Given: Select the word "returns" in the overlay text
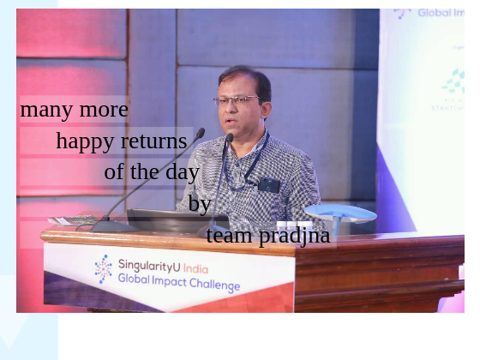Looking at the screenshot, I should [x=153, y=141].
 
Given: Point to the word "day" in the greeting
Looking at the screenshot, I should [x=183, y=172].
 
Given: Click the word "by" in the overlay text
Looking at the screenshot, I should [x=200, y=203].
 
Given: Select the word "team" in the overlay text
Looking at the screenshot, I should [x=230, y=235].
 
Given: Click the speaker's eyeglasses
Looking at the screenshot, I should [x=235, y=100].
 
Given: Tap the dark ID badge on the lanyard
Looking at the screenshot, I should [x=269, y=185].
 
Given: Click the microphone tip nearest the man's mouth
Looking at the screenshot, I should [x=229, y=137].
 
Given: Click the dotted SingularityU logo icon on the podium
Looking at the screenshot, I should [x=104, y=268].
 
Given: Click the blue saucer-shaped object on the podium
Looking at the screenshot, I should [x=340, y=213].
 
